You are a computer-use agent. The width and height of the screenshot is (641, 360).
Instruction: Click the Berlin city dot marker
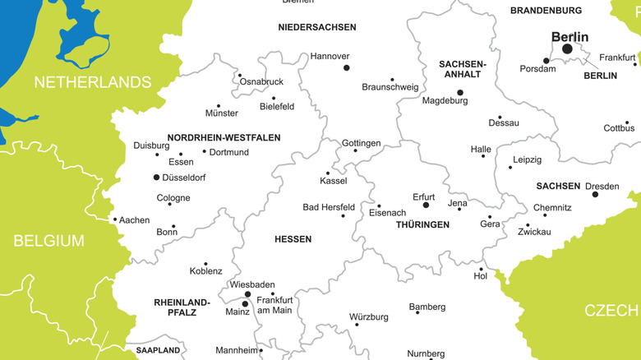567,49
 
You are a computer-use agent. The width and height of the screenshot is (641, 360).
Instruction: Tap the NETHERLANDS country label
93,82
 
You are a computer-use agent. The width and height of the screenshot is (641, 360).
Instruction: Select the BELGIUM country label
48,241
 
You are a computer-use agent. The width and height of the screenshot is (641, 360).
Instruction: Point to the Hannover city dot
346,67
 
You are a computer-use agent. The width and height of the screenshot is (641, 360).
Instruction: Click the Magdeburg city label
445,101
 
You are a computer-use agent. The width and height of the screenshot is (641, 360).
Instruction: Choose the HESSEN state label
293,239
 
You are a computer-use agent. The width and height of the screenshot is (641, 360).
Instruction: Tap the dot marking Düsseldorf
156,177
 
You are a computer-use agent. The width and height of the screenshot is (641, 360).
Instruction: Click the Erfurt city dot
426,205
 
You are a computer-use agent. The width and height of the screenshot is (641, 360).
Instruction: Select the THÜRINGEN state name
422,224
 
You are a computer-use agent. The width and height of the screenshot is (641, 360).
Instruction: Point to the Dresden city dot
595,194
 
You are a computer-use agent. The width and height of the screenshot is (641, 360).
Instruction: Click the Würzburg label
369,317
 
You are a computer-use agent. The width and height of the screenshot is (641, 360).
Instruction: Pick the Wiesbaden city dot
247,293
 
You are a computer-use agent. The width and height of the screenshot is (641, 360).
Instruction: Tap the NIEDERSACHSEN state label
317,27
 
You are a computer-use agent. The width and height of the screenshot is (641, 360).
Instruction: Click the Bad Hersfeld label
329,208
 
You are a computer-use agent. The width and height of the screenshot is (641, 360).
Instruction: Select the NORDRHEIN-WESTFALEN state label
224,138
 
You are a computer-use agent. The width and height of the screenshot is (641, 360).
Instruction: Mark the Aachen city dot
114,219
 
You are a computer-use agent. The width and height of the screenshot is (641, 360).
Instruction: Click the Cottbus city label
619,128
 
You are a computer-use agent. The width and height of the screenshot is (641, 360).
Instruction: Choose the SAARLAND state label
152,350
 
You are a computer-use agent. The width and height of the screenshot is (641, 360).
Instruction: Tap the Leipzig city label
527,160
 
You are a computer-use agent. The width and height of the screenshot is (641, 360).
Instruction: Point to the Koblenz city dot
205,264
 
